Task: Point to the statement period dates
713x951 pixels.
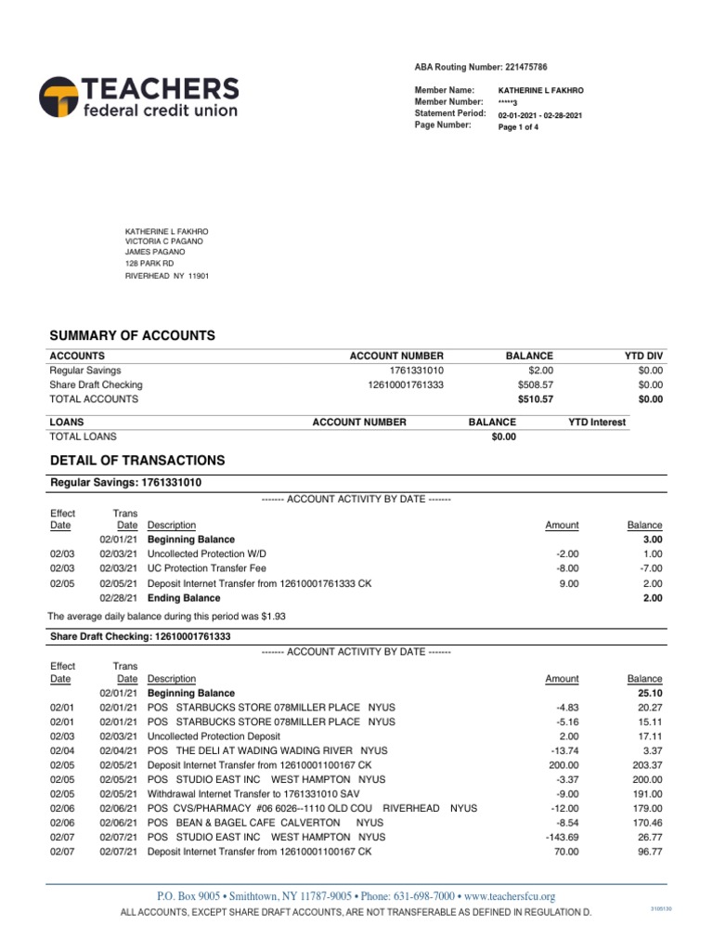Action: point(540,115)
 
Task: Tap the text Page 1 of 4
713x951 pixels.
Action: point(519,127)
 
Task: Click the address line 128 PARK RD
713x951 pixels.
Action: point(149,264)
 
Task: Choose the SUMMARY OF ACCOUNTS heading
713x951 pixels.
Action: point(132,335)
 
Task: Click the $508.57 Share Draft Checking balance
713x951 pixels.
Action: point(536,384)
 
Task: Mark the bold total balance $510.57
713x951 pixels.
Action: point(536,399)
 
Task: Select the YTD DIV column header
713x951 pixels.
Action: point(645,356)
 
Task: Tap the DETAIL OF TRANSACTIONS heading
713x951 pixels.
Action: point(136,460)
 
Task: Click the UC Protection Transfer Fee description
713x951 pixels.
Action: point(207,567)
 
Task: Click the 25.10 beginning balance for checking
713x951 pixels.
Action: point(647,693)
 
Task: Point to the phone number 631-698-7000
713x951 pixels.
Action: point(426,896)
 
